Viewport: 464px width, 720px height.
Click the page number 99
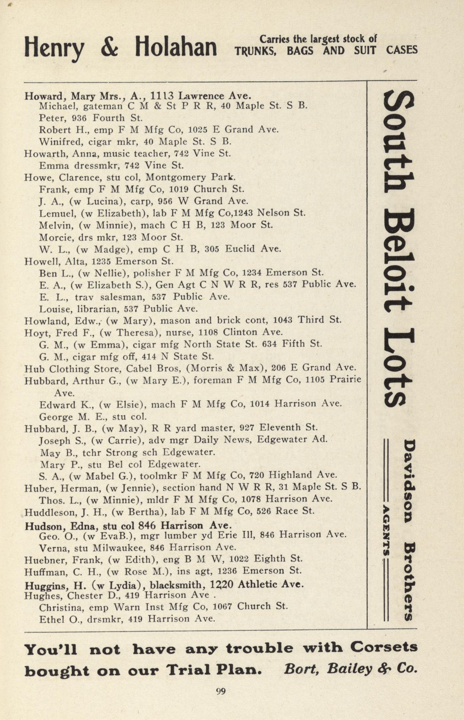(x=221, y=691)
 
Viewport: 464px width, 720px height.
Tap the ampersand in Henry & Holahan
(x=109, y=48)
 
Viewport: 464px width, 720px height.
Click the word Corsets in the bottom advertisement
(x=383, y=648)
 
